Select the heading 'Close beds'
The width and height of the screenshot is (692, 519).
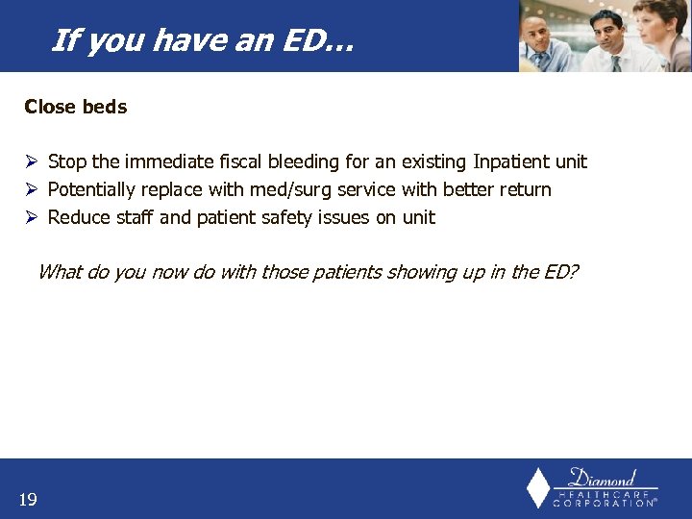tap(75, 107)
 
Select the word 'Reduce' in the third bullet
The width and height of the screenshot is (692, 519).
tap(76, 217)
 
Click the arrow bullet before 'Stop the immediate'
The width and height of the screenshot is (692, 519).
tap(31, 161)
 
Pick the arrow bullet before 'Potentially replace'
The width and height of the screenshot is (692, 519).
tap(31, 189)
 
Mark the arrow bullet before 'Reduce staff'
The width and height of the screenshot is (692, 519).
tap(31, 217)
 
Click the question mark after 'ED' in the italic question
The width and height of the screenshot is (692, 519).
tap(573, 272)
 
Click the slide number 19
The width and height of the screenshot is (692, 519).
tap(28, 499)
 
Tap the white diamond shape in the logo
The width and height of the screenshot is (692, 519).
tap(538, 488)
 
